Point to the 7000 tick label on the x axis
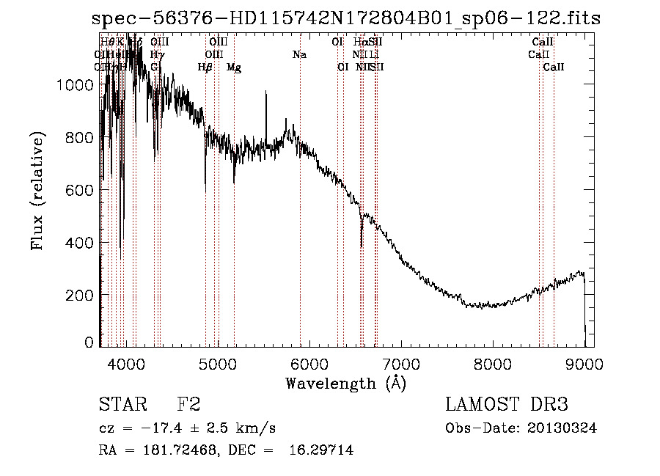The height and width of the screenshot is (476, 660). pyautogui.click(x=400, y=364)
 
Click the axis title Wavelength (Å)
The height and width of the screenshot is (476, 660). pyautogui.click(x=345, y=383)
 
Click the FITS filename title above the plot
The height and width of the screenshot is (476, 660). pyautogui.click(x=346, y=19)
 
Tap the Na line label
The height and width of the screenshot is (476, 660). pyautogui.click(x=299, y=55)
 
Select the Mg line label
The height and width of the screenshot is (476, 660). pyautogui.click(x=234, y=67)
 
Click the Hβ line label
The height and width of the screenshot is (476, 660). pyautogui.click(x=205, y=67)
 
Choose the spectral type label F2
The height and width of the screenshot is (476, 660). pyautogui.click(x=188, y=405)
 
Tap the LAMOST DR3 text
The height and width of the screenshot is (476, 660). pyautogui.click(x=506, y=405)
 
